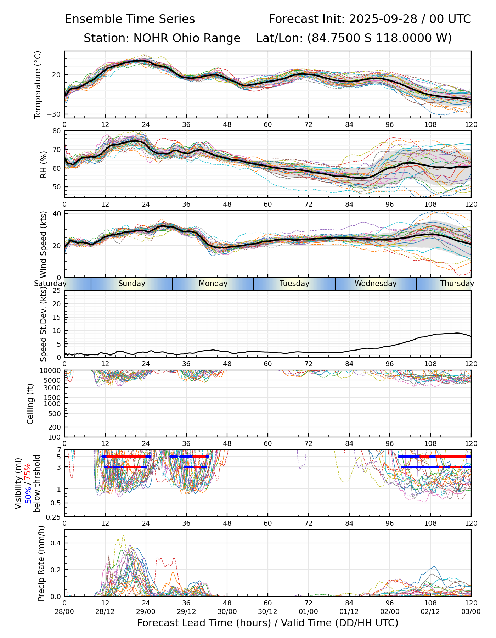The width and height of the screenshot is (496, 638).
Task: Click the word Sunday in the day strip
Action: tap(132, 284)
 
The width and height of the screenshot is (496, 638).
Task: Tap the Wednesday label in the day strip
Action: tap(376, 284)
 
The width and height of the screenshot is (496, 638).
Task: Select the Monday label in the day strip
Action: tap(213, 284)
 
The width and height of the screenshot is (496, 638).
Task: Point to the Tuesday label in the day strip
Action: tap(294, 284)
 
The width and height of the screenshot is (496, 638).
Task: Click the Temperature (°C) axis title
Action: tap(38, 84)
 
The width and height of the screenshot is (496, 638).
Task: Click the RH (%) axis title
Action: tap(44, 164)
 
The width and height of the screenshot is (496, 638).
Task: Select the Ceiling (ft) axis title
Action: tap(30, 404)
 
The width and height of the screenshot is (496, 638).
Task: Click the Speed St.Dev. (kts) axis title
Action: tap(44, 324)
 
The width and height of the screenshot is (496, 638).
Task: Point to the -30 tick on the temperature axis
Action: tap(56, 114)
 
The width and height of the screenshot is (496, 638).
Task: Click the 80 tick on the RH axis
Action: tap(57, 131)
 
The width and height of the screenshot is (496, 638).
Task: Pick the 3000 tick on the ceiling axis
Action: tap(53, 388)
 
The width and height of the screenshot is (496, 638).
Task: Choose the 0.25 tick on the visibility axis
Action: tap(54, 517)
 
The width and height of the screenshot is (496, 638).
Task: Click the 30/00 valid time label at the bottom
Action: tap(227, 612)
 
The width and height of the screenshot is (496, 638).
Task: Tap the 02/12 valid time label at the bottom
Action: tap(430, 612)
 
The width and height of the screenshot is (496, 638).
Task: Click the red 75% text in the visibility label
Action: tap(28, 472)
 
